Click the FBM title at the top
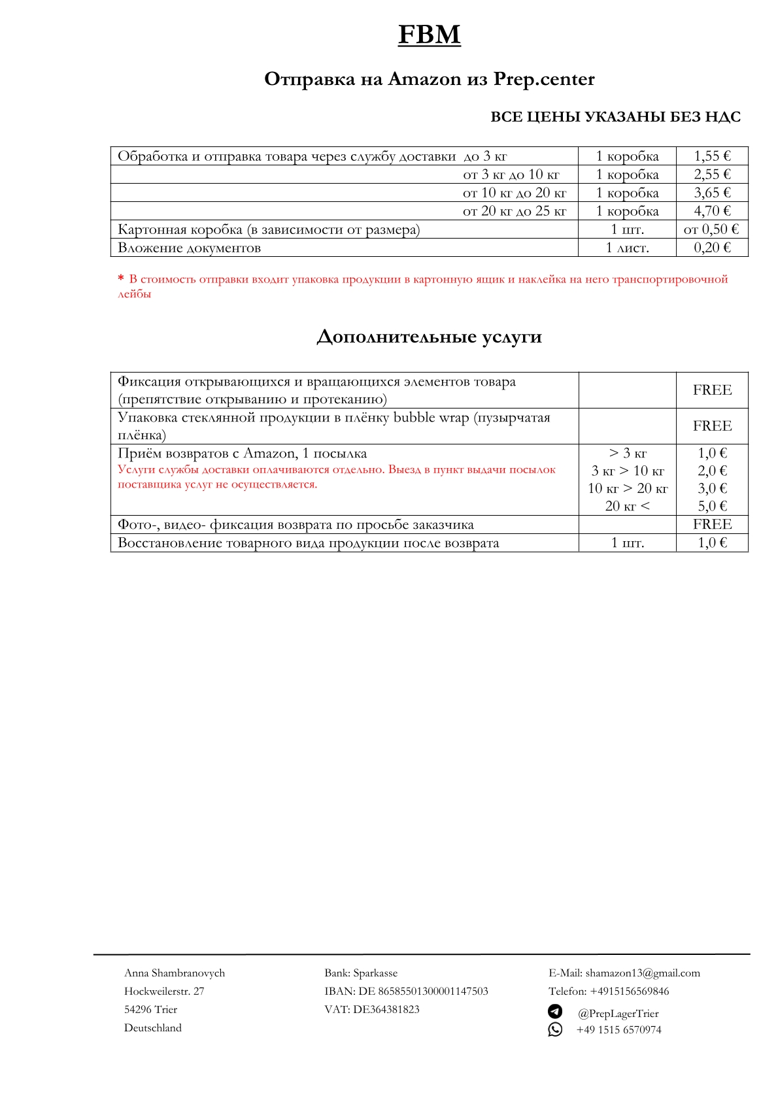[x=429, y=35]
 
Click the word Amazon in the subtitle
[x=424, y=79]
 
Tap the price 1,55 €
[x=712, y=156]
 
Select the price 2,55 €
[x=712, y=175]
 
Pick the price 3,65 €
[x=712, y=193]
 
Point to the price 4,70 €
[x=712, y=211]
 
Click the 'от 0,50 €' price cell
[x=711, y=229]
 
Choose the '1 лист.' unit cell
[x=627, y=248]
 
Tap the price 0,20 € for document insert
[x=712, y=248]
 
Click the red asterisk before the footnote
[x=121, y=279]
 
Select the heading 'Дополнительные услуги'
[x=429, y=337]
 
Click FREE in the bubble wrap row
[x=712, y=426]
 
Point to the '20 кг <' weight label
[x=627, y=506]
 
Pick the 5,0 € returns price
[x=712, y=506]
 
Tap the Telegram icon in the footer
[x=555, y=1012]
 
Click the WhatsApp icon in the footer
[x=555, y=1029]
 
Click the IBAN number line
[x=406, y=992]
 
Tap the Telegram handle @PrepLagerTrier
[x=618, y=1014]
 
